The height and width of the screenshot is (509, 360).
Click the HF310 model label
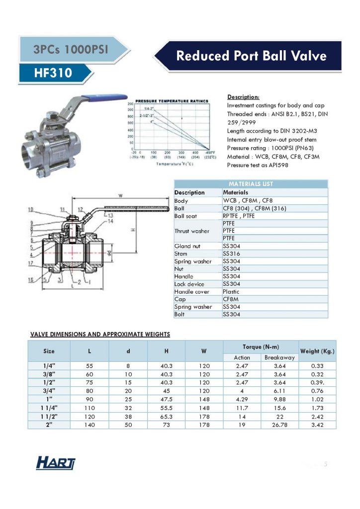(53, 74)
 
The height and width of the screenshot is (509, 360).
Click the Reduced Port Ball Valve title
(252, 55)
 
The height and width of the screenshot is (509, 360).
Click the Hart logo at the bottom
(56, 464)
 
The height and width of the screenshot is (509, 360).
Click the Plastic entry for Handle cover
(231, 292)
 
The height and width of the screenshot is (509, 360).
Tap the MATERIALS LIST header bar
(251, 184)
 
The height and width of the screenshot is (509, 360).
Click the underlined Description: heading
(243, 97)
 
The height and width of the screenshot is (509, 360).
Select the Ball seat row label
(186, 216)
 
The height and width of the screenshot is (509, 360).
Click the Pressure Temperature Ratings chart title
(172, 100)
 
